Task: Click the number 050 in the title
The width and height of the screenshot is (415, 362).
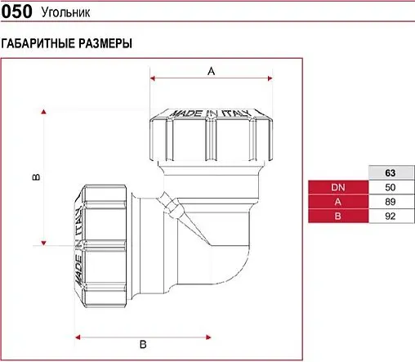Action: click(17, 12)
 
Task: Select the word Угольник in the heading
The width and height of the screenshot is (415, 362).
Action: click(63, 13)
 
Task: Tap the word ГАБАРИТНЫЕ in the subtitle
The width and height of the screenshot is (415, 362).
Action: click(38, 43)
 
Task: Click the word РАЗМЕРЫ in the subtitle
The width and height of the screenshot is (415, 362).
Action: click(105, 43)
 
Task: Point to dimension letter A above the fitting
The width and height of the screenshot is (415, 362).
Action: click(210, 71)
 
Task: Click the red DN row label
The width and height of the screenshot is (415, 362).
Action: click(338, 188)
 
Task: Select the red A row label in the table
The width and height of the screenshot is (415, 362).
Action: click(338, 202)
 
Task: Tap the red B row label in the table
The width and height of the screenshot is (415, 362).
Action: click(338, 216)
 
